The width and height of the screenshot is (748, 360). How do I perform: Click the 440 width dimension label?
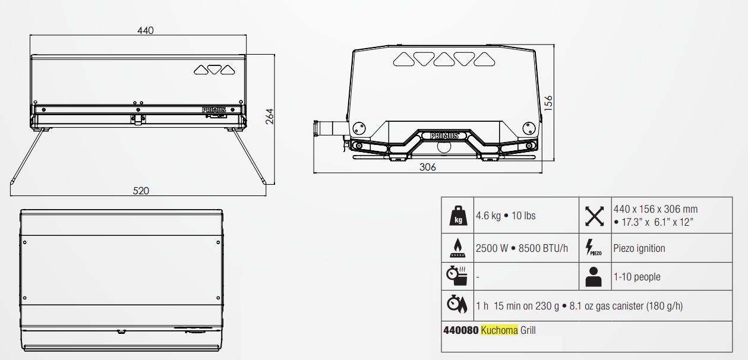146,30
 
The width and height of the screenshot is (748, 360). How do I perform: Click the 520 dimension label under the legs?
141,191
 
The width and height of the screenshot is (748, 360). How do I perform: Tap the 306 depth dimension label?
427,167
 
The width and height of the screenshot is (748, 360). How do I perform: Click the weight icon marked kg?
457,215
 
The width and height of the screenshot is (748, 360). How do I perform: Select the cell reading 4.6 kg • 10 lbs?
506,216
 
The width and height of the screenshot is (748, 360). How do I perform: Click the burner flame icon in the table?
457,248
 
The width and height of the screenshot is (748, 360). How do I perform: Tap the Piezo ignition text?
639,248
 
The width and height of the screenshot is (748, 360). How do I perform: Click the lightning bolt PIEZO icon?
594,248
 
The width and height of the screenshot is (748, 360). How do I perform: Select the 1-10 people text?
636,277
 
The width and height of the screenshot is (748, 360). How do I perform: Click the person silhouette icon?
594,277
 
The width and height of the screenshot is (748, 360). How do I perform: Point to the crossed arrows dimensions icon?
594,216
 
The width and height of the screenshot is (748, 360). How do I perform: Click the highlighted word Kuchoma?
499,330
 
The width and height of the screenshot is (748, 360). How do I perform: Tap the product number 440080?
460,330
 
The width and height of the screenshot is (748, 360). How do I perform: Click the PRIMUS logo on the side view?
440,135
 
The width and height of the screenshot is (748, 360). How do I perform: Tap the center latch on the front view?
138,119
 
